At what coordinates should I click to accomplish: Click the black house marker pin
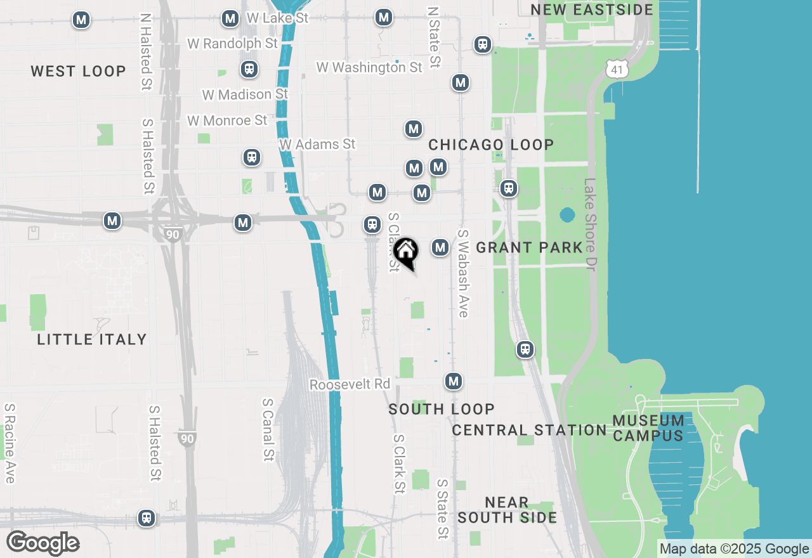pos(406,252)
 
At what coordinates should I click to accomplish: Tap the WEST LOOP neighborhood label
pos(79,71)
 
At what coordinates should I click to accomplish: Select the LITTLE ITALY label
pos(92,339)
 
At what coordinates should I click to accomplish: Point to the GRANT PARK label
pos(529,247)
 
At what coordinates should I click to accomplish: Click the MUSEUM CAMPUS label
pos(648,428)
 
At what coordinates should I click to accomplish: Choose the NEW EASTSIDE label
pos(592,10)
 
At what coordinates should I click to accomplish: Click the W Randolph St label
pos(233,43)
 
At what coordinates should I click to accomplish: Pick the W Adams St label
pos(318,145)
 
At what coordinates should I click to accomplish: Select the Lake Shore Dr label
pos(591,225)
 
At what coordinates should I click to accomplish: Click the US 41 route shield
pos(617,69)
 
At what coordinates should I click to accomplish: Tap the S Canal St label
pos(268,429)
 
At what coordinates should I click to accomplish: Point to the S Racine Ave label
pos(10,443)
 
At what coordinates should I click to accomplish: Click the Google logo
pos(43,543)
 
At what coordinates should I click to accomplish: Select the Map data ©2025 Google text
pos(734,549)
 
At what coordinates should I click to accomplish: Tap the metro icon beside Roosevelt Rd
pos(453,381)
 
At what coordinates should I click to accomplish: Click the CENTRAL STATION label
pos(529,430)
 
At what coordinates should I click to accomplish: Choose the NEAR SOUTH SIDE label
pos(507,510)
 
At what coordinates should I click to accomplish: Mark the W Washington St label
pos(369,67)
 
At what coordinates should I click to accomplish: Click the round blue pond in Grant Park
pos(567,215)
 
